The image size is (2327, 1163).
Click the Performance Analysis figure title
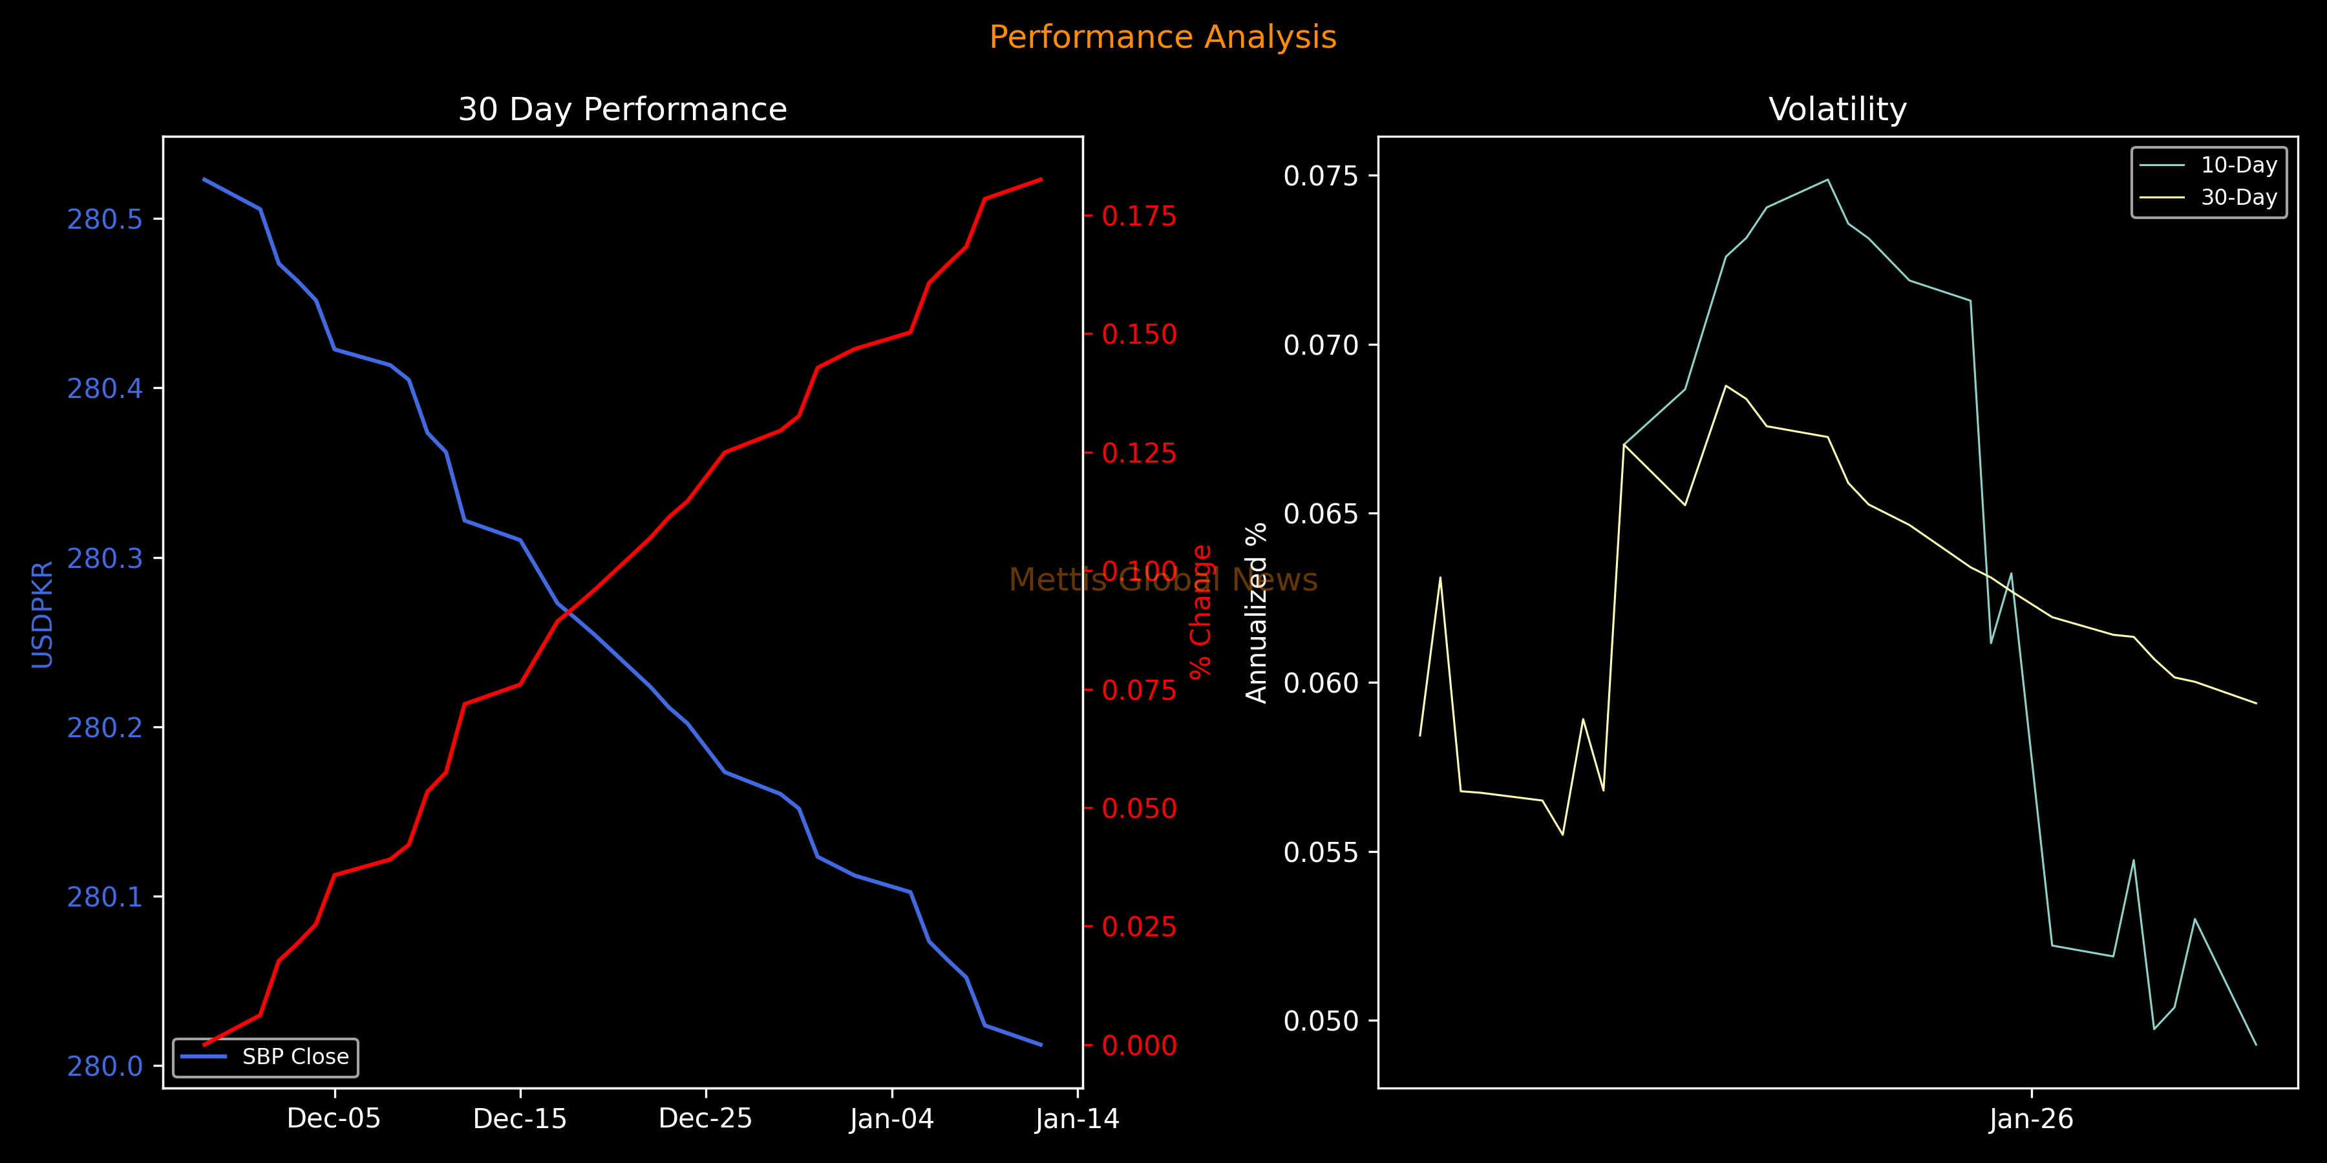pos(1163,37)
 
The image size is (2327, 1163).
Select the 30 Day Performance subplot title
pos(622,109)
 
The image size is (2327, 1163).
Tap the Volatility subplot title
pos(1838,109)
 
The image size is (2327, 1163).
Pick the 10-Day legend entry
pos(2238,165)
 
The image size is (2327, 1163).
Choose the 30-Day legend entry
pos(2238,198)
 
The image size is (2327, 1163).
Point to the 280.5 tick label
pos(105,220)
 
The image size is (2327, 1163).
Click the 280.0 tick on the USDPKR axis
pos(105,1066)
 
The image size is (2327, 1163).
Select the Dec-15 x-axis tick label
pos(520,1119)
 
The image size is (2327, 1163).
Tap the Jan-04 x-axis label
pos(891,1119)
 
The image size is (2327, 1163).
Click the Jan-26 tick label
pos(2031,1119)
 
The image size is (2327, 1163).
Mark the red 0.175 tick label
pos(1139,216)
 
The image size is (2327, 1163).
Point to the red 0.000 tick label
pos(1139,1045)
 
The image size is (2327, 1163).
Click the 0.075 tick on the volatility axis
pos(1321,175)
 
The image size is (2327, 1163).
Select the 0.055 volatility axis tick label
pos(1321,852)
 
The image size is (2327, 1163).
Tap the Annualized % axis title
pos(1257,613)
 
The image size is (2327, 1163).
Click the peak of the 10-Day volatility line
pos(1829,180)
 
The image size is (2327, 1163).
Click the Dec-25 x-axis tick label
pos(705,1119)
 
